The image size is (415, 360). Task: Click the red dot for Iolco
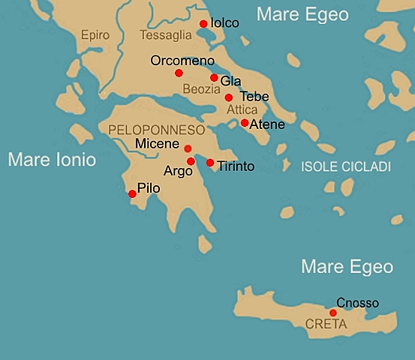pyautogui.click(x=203, y=24)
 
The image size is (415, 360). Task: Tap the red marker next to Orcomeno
pyautogui.click(x=179, y=73)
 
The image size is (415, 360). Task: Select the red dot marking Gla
pyautogui.click(x=214, y=78)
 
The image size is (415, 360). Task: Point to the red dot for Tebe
pyautogui.click(x=229, y=97)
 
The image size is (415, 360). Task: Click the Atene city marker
pyautogui.click(x=245, y=123)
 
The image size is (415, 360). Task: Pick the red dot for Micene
pyautogui.click(x=188, y=148)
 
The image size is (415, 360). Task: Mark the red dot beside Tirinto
pyautogui.click(x=210, y=163)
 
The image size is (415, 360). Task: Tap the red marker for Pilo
pyautogui.click(x=133, y=193)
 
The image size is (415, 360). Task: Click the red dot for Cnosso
pyautogui.click(x=333, y=313)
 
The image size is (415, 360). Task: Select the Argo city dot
pyautogui.click(x=191, y=161)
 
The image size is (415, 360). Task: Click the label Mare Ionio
pyautogui.click(x=52, y=160)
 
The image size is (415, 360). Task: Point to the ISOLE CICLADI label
pyautogui.click(x=346, y=166)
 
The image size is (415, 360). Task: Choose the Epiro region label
pyautogui.click(x=94, y=35)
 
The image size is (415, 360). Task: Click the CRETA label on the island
pyautogui.click(x=326, y=325)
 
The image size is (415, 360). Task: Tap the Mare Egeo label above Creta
pyautogui.click(x=347, y=266)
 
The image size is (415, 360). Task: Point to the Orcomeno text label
pyautogui.click(x=182, y=61)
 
